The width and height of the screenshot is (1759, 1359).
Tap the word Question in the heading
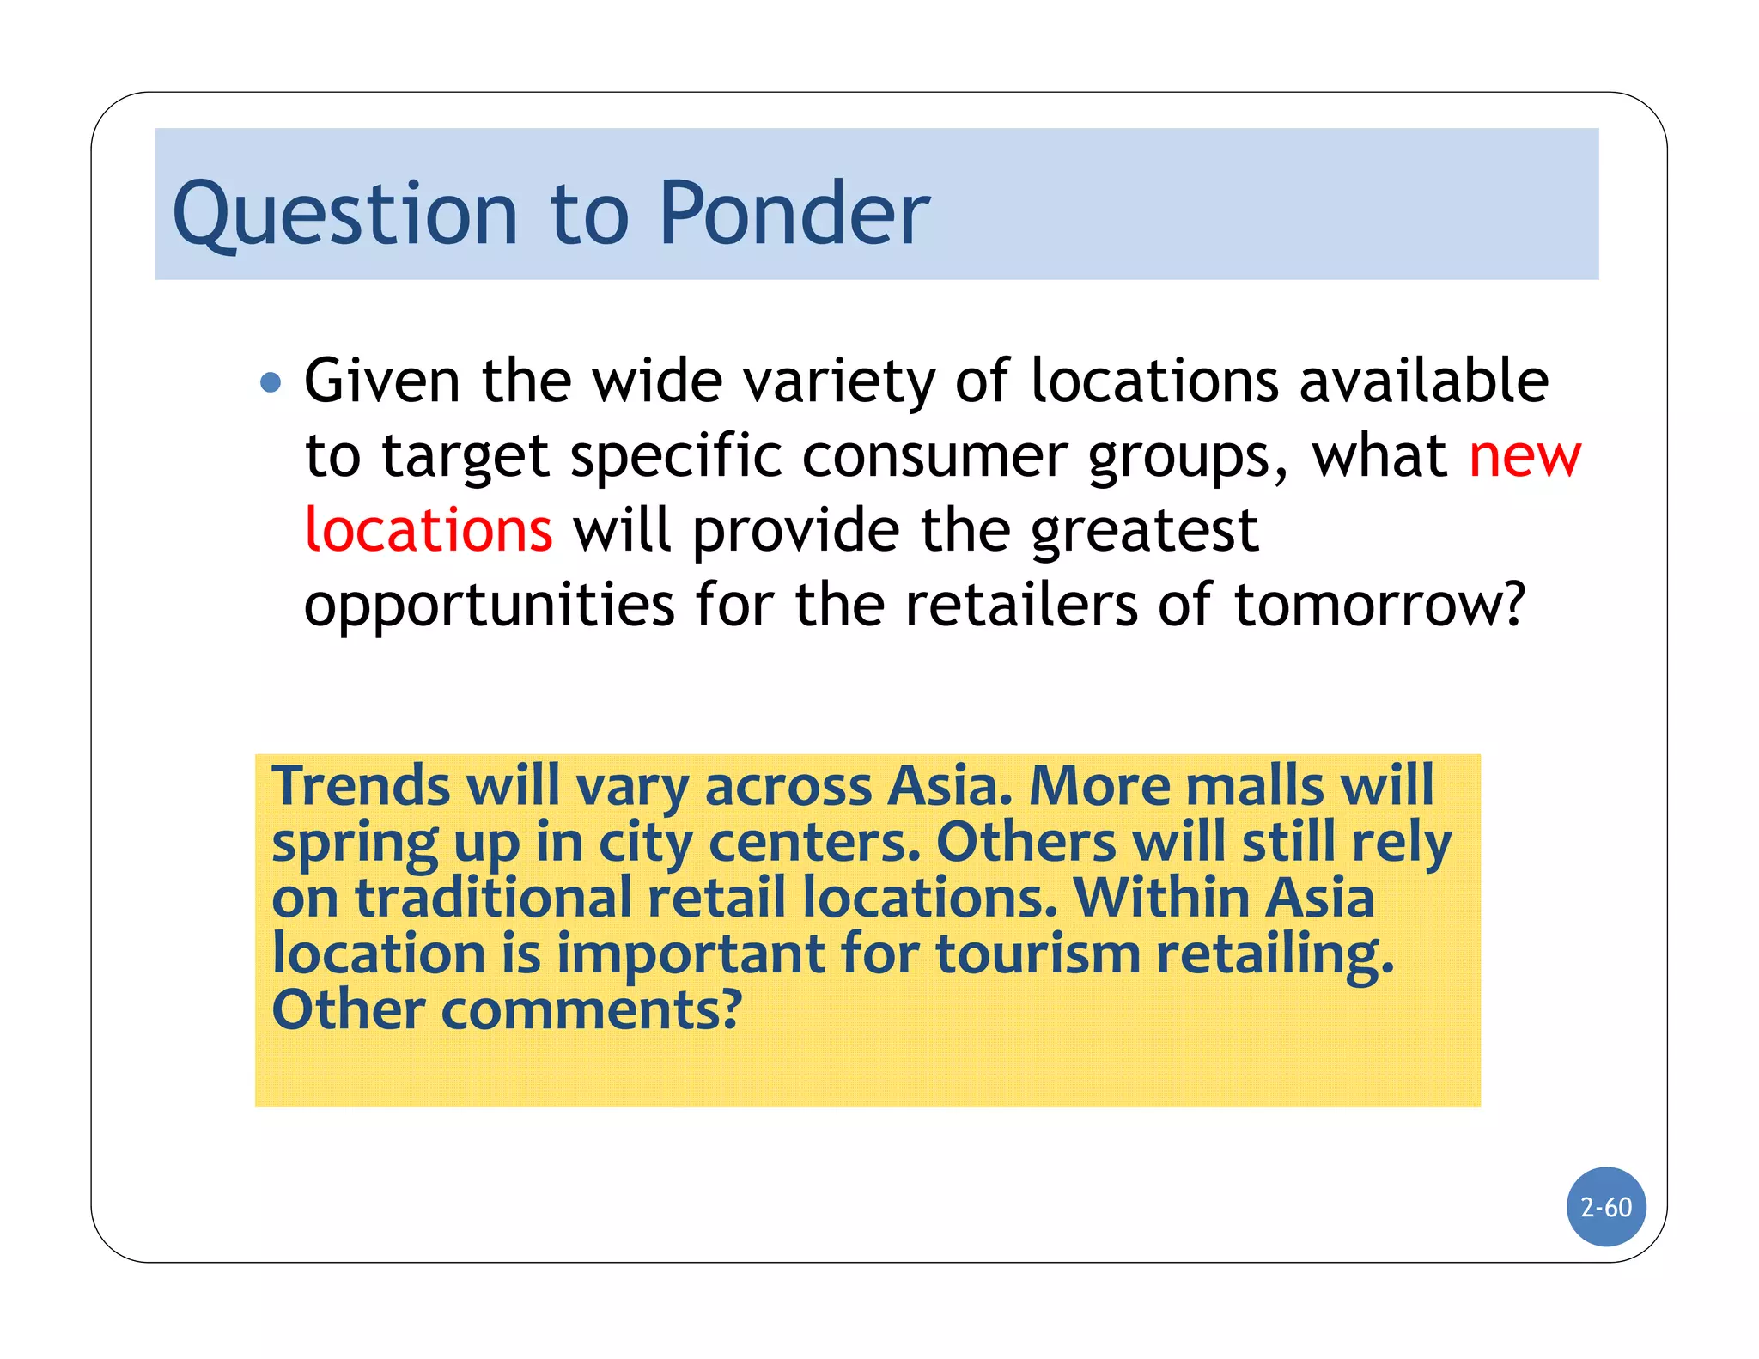[345, 215]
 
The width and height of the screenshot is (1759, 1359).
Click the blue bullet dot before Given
[271, 381]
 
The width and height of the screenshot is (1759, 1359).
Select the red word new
[1525, 456]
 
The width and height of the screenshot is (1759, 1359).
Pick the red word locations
[429, 530]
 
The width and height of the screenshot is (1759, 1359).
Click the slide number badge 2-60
[1606, 1207]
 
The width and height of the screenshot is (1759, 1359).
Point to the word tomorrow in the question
[1379, 605]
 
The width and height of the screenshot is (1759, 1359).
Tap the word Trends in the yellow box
[361, 785]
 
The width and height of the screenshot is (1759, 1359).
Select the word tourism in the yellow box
[1038, 954]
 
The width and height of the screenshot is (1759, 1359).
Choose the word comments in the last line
[591, 1009]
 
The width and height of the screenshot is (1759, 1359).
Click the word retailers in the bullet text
[1021, 605]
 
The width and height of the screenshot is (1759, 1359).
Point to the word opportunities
[490, 606]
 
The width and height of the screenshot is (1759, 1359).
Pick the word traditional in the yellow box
[494, 898]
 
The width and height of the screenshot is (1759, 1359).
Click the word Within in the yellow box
[1160, 898]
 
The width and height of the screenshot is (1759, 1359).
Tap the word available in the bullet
[1423, 381]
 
